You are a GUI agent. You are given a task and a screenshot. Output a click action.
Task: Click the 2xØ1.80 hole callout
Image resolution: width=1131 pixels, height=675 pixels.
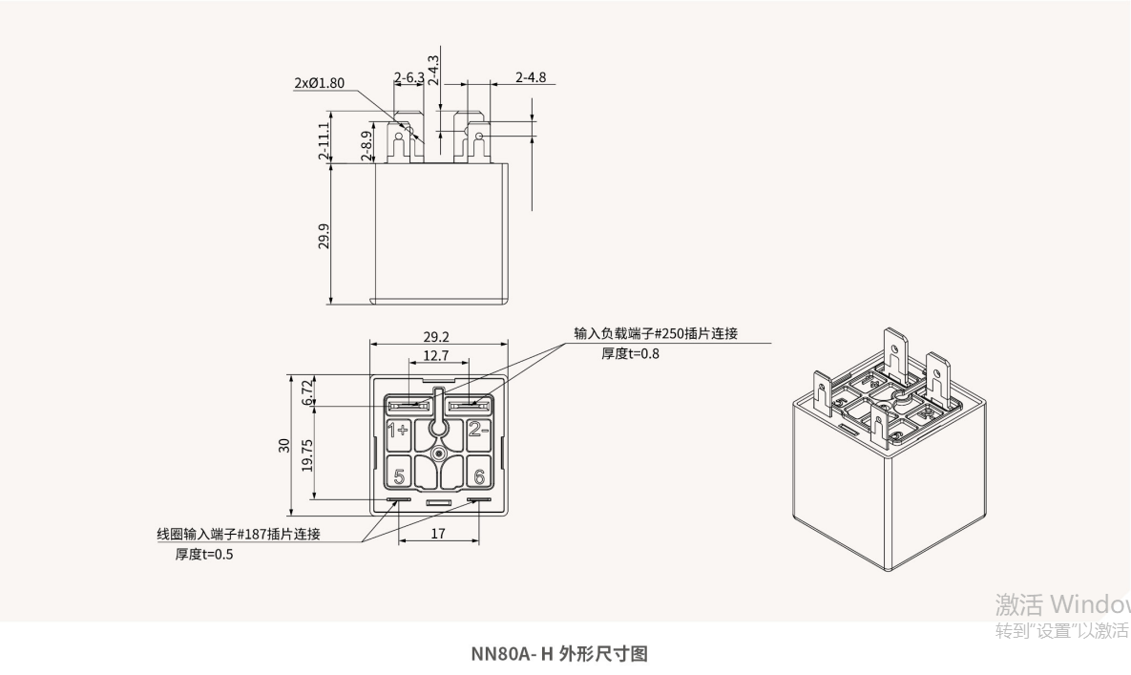pos(319,83)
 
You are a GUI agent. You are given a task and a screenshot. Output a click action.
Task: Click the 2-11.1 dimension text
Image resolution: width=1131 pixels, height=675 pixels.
pos(325,140)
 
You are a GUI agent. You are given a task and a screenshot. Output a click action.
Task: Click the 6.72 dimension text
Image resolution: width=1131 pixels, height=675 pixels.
pos(307,391)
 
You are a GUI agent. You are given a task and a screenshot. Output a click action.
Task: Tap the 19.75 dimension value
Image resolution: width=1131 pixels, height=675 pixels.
pos(307,454)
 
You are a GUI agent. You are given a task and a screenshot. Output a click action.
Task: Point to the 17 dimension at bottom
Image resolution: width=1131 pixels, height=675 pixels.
pos(437,534)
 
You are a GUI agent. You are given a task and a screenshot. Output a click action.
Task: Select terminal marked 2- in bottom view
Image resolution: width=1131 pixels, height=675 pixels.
pos(477,430)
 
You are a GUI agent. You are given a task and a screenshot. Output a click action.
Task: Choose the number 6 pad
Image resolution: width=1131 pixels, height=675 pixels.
pos(478,475)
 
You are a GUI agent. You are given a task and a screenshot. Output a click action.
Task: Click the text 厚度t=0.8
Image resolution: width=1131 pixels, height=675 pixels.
pos(629,353)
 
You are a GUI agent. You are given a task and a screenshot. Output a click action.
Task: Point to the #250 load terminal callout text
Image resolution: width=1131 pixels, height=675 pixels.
pos(656,333)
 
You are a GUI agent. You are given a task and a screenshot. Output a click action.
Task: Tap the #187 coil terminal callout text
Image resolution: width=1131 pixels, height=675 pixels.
pos(239,534)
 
